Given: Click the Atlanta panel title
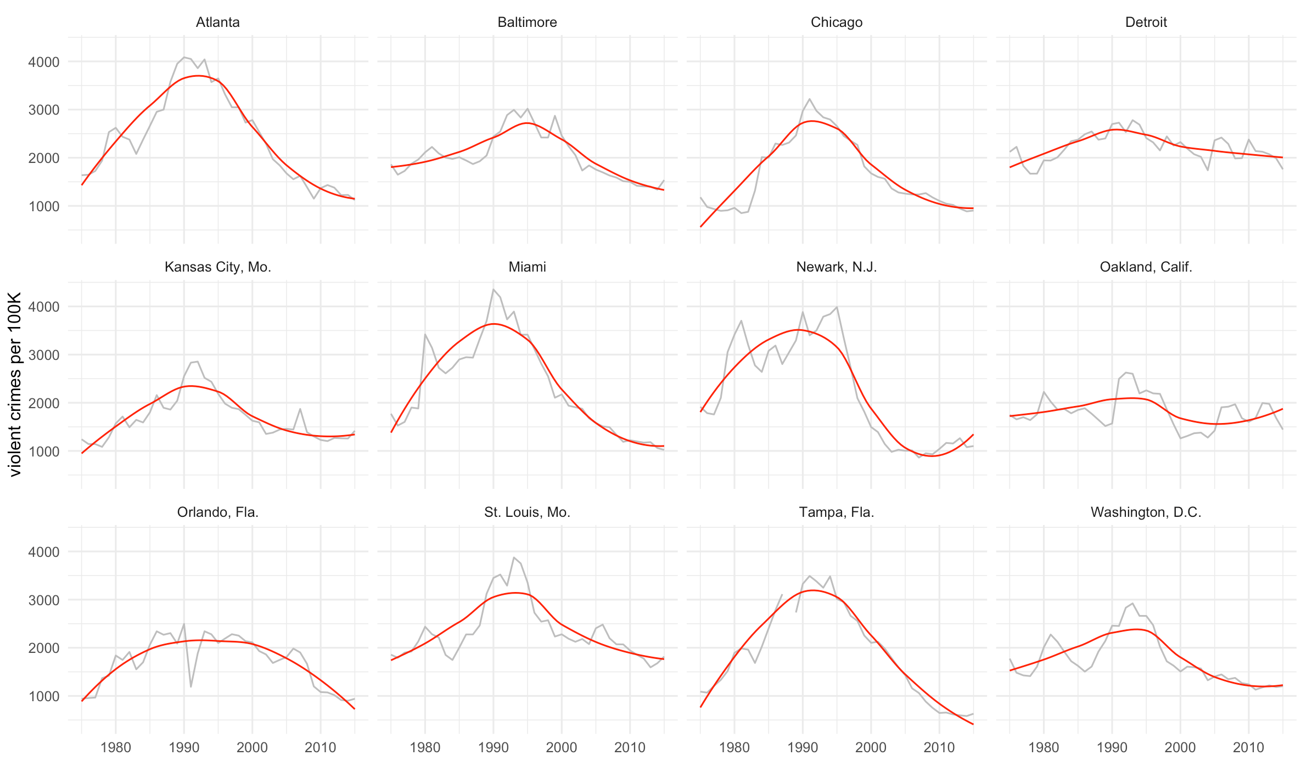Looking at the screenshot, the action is click(x=218, y=22).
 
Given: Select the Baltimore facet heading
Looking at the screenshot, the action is click(x=527, y=22).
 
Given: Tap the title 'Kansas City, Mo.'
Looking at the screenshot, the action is click(x=218, y=267).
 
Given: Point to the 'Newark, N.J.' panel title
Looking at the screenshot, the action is click(x=837, y=267).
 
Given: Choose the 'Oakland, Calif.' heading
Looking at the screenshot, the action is click(x=1146, y=267).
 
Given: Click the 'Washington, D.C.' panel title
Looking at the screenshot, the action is click(x=1146, y=512).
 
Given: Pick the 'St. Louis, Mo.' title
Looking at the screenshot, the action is click(x=527, y=512).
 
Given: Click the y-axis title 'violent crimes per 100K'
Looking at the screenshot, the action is click(x=15, y=384).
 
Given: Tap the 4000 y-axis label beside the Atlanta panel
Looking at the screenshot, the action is click(x=44, y=62).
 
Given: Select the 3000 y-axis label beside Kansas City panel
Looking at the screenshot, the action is click(x=44, y=355).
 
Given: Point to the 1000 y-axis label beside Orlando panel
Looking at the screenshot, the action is click(x=44, y=696).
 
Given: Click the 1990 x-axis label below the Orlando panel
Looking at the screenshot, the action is click(x=184, y=747).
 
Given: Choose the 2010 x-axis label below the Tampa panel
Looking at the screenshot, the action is click(x=939, y=747).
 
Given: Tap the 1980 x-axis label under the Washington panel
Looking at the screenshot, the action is click(x=1044, y=747).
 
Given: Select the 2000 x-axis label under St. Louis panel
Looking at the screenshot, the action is click(x=562, y=747).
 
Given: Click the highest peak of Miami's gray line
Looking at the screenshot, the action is click(x=494, y=289).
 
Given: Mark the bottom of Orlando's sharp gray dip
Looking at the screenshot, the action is click(x=190, y=687).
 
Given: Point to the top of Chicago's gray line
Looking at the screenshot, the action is click(x=810, y=99).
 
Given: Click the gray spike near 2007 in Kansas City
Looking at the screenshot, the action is click(x=300, y=409).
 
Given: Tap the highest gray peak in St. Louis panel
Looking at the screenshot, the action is click(x=514, y=557).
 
